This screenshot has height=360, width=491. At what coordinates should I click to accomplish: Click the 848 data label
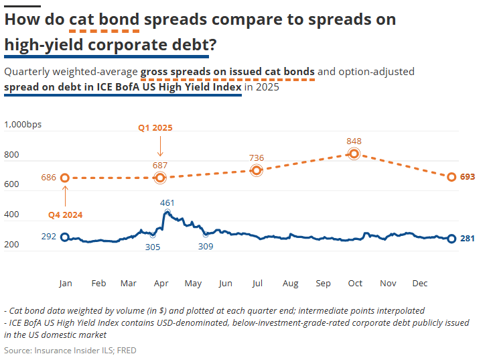(354, 141)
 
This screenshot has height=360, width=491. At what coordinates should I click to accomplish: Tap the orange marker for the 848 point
(354, 154)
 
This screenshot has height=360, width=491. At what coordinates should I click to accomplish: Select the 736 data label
(256, 158)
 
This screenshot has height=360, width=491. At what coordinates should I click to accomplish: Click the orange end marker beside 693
(451, 177)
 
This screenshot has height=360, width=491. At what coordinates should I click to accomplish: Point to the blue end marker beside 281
(451, 239)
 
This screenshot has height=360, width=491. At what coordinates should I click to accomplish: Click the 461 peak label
(167, 202)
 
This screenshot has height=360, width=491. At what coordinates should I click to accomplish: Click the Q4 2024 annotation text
(65, 215)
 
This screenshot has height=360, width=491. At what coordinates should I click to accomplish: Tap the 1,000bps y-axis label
(23, 125)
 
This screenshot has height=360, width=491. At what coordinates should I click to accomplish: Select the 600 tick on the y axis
(12, 185)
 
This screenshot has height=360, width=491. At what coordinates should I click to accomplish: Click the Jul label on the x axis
(256, 284)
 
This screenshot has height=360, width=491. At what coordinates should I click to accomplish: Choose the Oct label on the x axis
(355, 284)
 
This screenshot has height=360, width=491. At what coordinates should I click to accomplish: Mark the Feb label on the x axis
(98, 284)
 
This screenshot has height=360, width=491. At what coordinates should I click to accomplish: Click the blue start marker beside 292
(65, 237)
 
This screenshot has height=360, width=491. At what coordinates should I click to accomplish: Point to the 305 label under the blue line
(153, 247)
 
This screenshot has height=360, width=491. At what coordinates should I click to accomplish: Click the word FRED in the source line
(127, 350)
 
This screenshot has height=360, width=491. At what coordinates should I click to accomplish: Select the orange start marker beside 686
(65, 178)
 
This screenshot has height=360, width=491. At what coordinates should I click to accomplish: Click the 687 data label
(160, 165)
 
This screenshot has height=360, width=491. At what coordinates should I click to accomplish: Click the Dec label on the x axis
(420, 284)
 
